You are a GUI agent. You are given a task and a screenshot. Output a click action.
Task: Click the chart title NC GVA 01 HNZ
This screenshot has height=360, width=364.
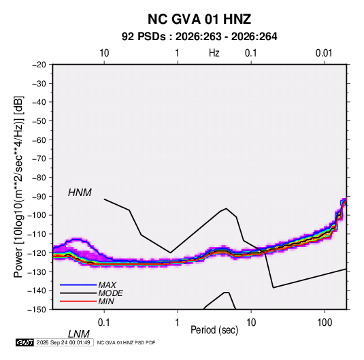(x=199, y=19)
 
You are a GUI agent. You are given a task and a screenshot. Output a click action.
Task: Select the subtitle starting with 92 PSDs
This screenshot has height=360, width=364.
(x=199, y=37)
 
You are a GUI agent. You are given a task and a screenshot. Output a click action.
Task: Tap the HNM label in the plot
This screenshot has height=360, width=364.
(x=80, y=193)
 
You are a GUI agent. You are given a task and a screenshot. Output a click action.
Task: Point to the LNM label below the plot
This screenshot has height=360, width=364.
(x=79, y=334)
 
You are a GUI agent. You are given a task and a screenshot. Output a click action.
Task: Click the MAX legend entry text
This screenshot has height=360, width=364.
(x=107, y=285)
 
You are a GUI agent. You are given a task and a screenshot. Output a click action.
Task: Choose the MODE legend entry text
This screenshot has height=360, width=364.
(x=110, y=293)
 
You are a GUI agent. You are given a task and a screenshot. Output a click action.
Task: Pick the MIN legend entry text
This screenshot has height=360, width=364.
(x=106, y=301)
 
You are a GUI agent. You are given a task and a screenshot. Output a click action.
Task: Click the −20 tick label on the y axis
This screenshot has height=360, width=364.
(x=39, y=65)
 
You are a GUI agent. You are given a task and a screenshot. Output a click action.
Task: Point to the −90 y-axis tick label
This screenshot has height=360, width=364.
(x=39, y=197)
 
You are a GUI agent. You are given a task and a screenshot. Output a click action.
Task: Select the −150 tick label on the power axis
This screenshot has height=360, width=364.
(x=37, y=310)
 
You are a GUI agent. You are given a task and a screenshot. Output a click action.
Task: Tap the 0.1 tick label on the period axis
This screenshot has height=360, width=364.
(x=104, y=323)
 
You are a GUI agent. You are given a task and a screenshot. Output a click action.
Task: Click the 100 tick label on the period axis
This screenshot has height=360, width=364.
(x=325, y=323)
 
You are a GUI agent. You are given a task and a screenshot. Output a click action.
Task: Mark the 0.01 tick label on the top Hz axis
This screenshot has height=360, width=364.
(x=324, y=53)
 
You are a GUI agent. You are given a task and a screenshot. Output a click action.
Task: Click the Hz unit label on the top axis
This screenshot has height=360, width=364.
(x=214, y=53)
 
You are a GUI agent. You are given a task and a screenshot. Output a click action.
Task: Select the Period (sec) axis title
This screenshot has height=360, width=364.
(x=214, y=330)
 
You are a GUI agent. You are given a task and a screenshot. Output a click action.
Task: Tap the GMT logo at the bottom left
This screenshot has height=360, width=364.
(x=25, y=342)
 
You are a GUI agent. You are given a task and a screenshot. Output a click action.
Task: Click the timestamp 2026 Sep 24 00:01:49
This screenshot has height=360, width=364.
(x=63, y=342)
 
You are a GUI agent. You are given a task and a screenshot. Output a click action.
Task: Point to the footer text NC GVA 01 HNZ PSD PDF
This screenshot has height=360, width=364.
(x=126, y=342)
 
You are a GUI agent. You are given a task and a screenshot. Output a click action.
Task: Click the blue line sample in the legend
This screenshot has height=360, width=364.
(x=78, y=285)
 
